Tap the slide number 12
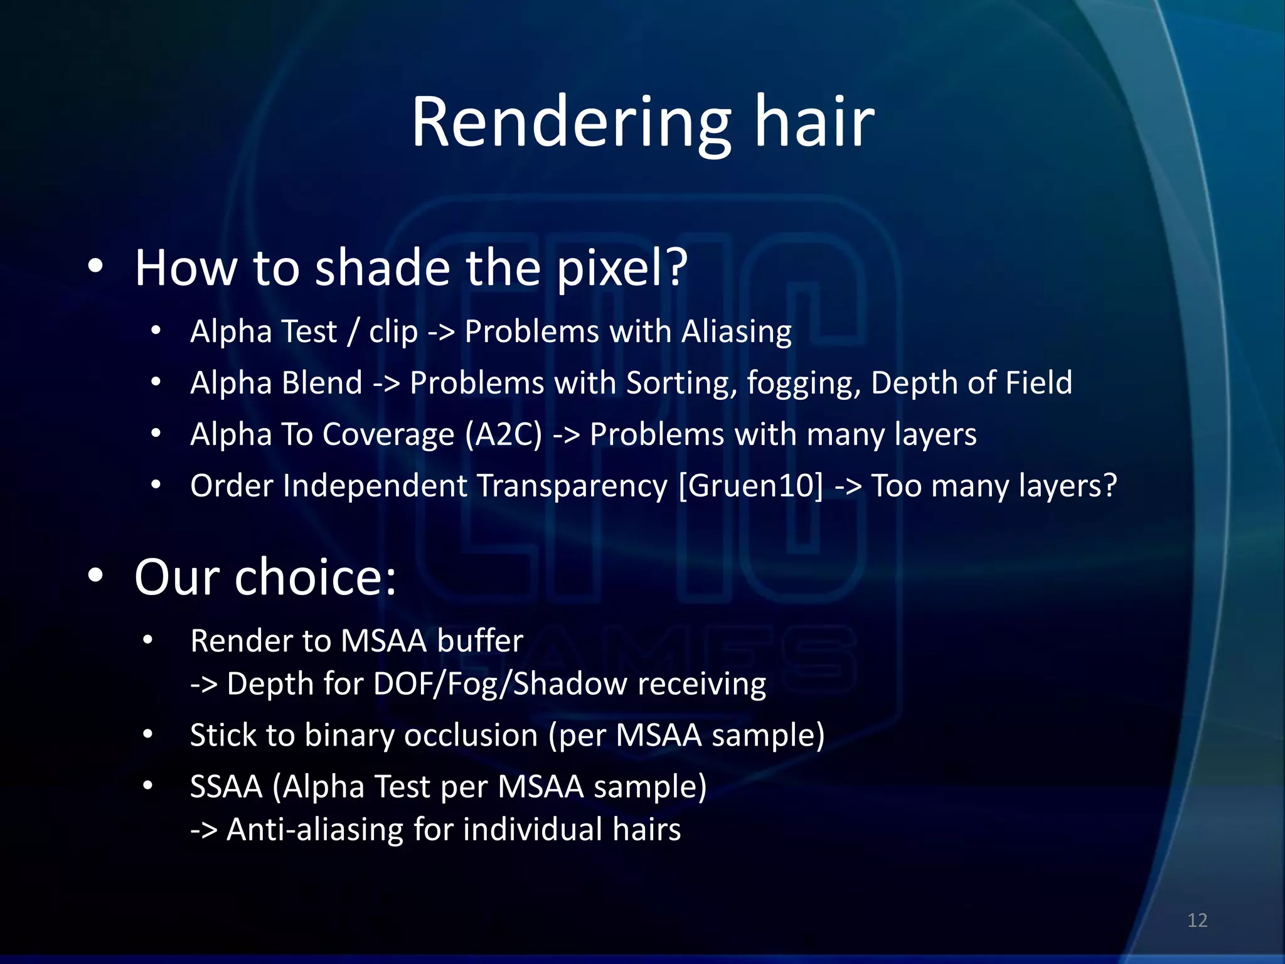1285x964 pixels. (1197, 920)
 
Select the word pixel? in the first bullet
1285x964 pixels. (622, 268)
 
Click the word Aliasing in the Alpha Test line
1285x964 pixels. (737, 331)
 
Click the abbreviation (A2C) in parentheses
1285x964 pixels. (503, 434)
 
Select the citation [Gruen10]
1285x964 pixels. (750, 486)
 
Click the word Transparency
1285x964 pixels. (572, 486)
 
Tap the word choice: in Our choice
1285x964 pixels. (315, 577)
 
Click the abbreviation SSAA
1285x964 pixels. (226, 787)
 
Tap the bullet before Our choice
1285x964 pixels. (95, 575)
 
